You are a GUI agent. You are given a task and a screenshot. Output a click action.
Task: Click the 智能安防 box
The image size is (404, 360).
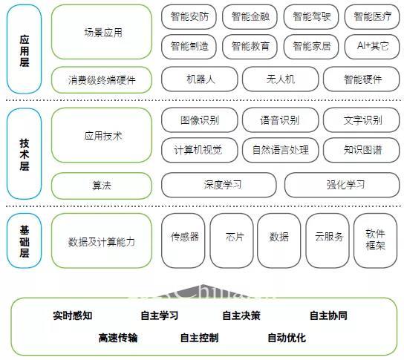tap(189, 17)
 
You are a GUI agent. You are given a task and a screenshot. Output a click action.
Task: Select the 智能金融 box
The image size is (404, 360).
tap(250, 17)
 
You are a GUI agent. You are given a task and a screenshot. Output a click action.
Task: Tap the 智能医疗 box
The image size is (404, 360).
tap(372, 17)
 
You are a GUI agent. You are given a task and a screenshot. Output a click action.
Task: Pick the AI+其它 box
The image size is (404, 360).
tap(372, 46)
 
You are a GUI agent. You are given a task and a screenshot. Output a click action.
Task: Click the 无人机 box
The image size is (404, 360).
tap(280, 79)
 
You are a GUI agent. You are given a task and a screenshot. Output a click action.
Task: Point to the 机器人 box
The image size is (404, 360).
tap(200, 79)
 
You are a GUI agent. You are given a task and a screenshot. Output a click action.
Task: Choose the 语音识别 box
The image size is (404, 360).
tap(280, 120)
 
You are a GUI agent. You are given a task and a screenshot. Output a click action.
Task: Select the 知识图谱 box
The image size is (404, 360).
tap(361, 150)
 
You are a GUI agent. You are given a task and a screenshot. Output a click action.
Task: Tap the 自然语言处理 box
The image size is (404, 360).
tap(280, 150)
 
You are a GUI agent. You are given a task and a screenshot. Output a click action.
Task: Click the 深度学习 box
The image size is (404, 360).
tap(219, 185)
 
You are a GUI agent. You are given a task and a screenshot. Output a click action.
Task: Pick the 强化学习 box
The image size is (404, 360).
tap(342, 185)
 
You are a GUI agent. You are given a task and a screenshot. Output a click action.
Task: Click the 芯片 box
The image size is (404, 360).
tap(232, 240)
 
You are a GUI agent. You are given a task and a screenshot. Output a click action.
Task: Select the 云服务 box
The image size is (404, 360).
tap(328, 240)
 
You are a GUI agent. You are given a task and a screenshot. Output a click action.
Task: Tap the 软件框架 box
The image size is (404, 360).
tap(375, 240)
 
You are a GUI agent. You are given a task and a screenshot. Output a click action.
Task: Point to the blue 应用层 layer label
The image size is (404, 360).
tap(25, 49)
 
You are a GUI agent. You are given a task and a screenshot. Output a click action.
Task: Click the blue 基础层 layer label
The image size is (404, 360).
tap(25, 240)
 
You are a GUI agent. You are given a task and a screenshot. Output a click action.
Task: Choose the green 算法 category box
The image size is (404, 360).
tap(102, 186)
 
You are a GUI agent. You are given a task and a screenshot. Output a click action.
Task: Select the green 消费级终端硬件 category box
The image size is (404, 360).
tap(102, 80)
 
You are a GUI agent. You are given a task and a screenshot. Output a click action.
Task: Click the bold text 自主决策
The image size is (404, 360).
tap(241, 315)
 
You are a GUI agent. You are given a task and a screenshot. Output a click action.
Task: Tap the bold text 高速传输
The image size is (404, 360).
tap(118, 338)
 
